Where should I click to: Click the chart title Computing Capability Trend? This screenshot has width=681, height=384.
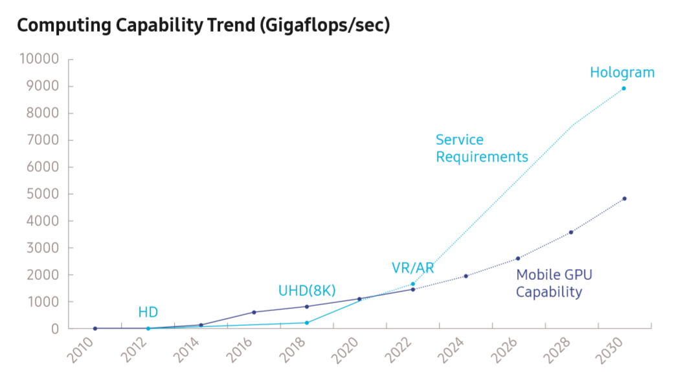click(203, 27)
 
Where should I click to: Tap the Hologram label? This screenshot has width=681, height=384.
click(622, 72)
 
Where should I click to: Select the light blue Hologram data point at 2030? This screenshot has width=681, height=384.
click(624, 89)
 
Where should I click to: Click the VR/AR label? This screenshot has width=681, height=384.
click(412, 268)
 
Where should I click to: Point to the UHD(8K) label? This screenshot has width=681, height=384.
click(307, 290)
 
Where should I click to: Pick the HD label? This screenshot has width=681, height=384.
click(148, 313)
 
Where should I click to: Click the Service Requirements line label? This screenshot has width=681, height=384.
click(482, 148)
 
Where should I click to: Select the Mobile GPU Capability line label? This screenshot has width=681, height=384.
click(553, 283)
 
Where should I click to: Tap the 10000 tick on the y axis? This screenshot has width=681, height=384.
click(39, 59)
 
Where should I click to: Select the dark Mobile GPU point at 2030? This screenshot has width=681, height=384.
click(624, 198)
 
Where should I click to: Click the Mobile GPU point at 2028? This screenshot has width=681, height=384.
click(571, 232)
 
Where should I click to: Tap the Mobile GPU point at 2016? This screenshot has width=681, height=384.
click(254, 312)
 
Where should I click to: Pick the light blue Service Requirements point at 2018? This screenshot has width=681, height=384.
click(307, 323)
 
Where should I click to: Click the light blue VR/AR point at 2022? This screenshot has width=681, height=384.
click(413, 284)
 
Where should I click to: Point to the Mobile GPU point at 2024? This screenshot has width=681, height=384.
click(465, 276)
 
